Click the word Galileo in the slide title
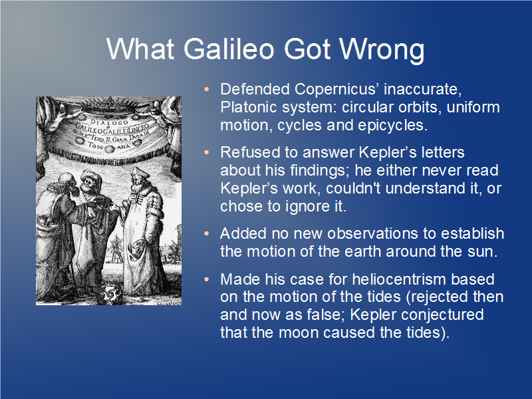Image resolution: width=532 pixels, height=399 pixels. tap(229, 49)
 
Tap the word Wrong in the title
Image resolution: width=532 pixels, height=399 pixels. tap(382, 50)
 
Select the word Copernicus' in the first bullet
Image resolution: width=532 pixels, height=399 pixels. tap(336, 89)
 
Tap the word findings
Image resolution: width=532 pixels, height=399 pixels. tap(320, 171)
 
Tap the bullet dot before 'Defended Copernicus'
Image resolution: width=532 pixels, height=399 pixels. tap(207, 89)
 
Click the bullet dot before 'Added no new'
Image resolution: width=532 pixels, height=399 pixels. tap(207, 234)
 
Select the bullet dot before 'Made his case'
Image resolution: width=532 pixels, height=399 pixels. tap(207, 279)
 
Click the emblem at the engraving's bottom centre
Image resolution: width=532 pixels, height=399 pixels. tap(110, 294)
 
